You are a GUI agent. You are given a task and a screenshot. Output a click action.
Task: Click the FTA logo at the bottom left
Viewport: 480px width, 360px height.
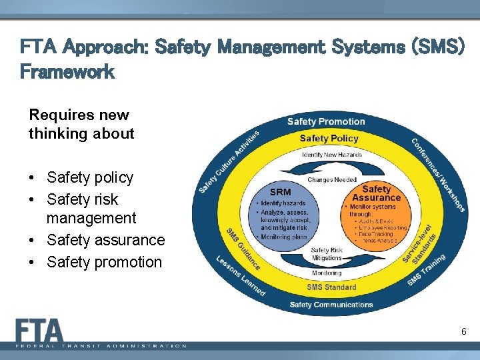[x=40, y=331]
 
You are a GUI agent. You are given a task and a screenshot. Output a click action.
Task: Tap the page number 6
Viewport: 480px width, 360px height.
[x=463, y=331]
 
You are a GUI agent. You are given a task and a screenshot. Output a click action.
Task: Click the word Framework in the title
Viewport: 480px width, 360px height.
[x=67, y=72]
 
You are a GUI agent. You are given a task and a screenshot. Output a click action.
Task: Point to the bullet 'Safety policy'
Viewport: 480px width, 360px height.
[x=90, y=177]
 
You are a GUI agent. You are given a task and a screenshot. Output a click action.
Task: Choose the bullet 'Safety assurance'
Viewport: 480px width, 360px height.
[x=105, y=240]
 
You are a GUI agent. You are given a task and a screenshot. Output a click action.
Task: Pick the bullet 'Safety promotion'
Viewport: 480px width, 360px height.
[x=104, y=262]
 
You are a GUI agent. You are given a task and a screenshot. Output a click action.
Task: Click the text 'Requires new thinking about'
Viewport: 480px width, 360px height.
[x=81, y=124]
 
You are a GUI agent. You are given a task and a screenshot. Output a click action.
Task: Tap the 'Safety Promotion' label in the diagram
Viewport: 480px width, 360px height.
[x=326, y=121]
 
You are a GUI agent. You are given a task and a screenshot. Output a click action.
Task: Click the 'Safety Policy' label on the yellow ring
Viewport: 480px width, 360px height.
[x=329, y=139]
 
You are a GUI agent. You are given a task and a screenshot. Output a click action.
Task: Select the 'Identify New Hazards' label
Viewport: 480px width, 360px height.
[x=331, y=155]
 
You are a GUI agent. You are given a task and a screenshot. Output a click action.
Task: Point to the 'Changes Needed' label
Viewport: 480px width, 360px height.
[x=331, y=179]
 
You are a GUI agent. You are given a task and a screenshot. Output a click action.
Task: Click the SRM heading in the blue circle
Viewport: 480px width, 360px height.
[x=280, y=192]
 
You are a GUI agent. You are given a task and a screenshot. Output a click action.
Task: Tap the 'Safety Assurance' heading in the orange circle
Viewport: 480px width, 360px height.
[x=376, y=193]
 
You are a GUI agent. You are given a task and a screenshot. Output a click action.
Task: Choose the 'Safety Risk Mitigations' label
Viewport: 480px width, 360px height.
[x=327, y=254]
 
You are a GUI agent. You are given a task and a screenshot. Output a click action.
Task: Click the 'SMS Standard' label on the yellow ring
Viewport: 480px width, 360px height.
[x=331, y=287]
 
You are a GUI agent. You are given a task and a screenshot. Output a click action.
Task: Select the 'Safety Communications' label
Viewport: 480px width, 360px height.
[x=331, y=305]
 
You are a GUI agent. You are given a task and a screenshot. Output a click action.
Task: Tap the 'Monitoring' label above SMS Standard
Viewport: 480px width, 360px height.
[x=327, y=273]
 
